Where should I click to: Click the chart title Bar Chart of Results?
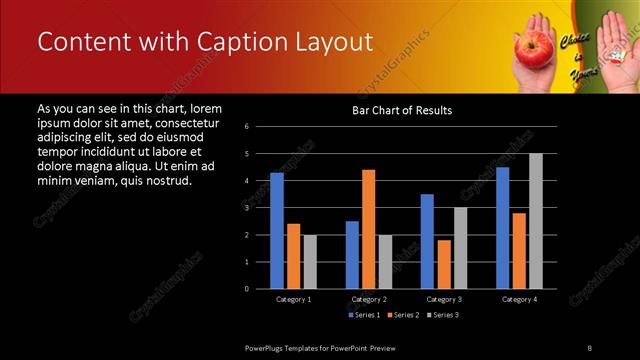pos(401,110)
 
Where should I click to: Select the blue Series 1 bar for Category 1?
pos(277,230)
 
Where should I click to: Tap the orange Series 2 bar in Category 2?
pos(368,229)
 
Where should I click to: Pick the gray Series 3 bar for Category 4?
pos(535,221)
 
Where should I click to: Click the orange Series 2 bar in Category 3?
pos(443,264)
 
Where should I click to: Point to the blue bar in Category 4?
pos(502,227)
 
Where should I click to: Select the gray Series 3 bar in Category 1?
pos(310,261)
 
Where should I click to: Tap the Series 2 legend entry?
pos(404,316)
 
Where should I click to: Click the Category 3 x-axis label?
pos(443,299)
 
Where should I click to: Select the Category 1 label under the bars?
pos(293,299)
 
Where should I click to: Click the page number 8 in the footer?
pos(589,347)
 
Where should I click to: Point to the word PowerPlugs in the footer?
pos(266,347)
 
